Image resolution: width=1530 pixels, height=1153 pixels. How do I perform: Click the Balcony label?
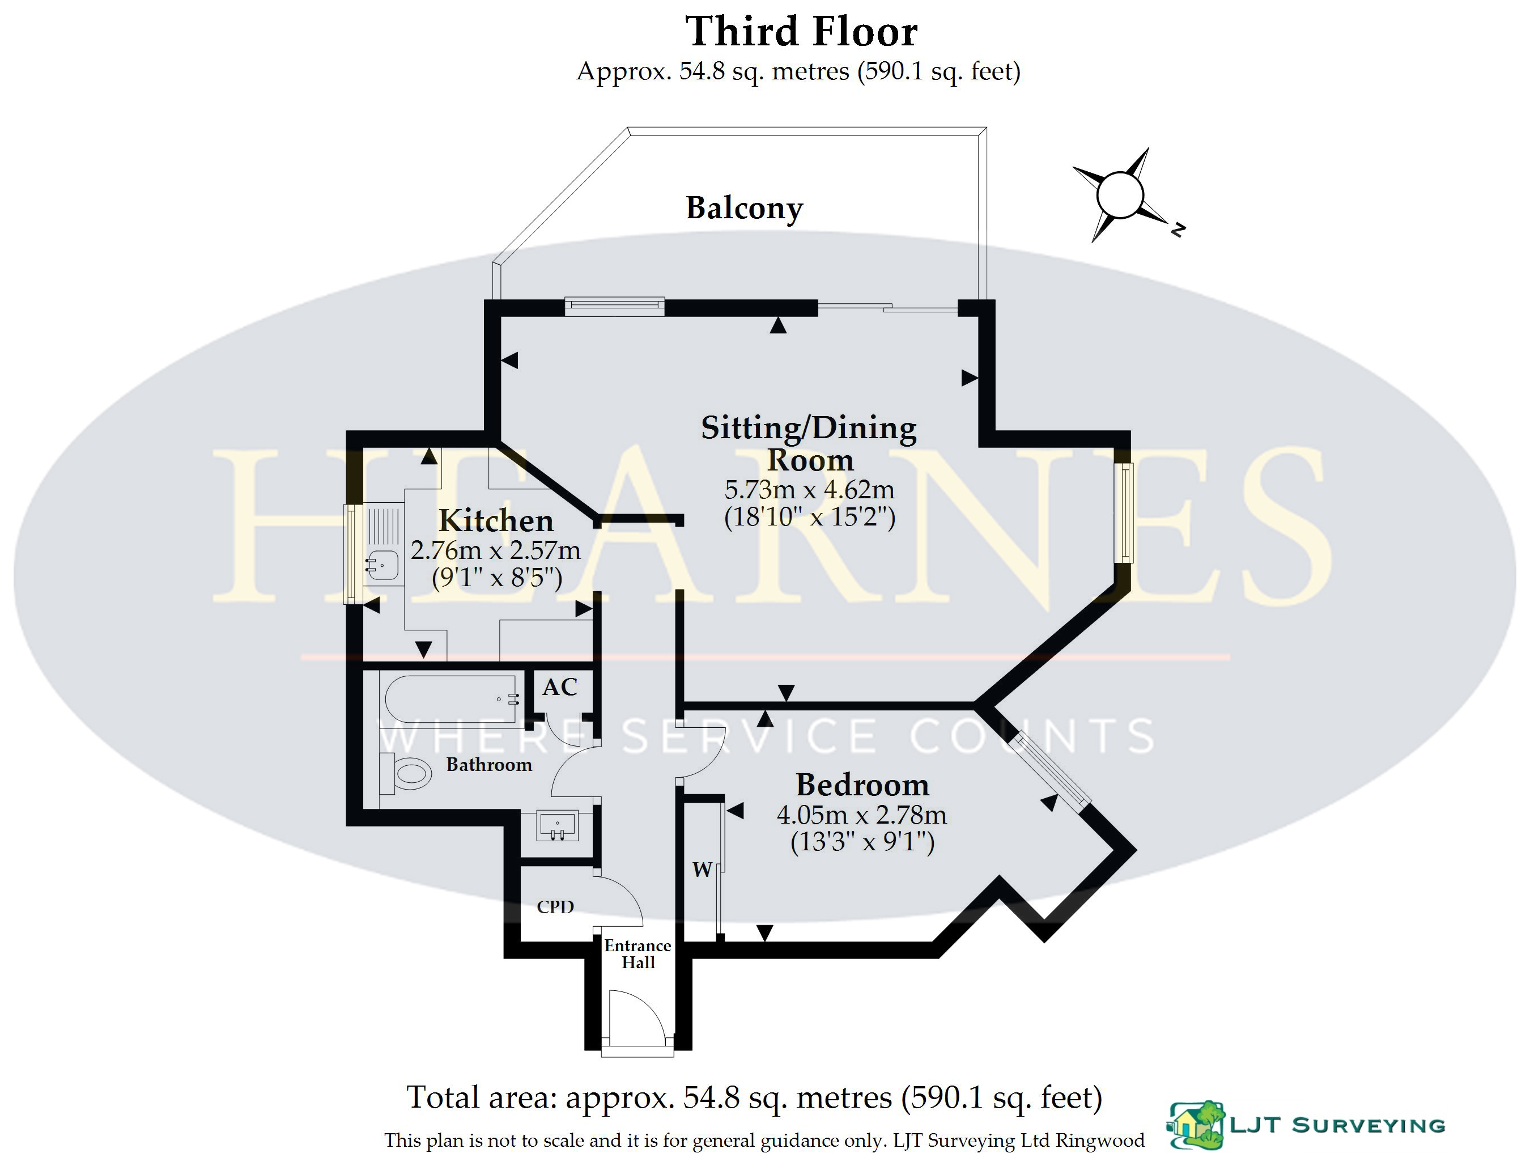744,207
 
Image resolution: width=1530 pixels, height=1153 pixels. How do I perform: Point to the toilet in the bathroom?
406,773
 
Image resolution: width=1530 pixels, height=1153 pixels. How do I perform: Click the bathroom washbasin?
558,826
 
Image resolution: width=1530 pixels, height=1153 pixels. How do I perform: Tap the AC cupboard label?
559,687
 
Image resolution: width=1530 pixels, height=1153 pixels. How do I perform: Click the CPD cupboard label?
555,906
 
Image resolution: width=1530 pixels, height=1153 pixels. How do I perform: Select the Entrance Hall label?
637,955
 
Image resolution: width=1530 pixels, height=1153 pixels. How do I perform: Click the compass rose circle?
1119,194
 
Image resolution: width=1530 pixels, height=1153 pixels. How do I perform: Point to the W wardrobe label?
702,870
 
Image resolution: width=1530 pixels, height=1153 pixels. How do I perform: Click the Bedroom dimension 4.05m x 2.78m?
862,815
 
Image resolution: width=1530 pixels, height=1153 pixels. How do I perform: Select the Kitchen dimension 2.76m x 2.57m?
495,550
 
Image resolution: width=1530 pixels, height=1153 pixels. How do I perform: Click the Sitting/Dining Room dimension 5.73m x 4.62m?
809,490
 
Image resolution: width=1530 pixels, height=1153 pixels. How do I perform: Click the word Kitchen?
496,520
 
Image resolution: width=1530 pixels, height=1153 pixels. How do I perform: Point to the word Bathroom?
489,765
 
